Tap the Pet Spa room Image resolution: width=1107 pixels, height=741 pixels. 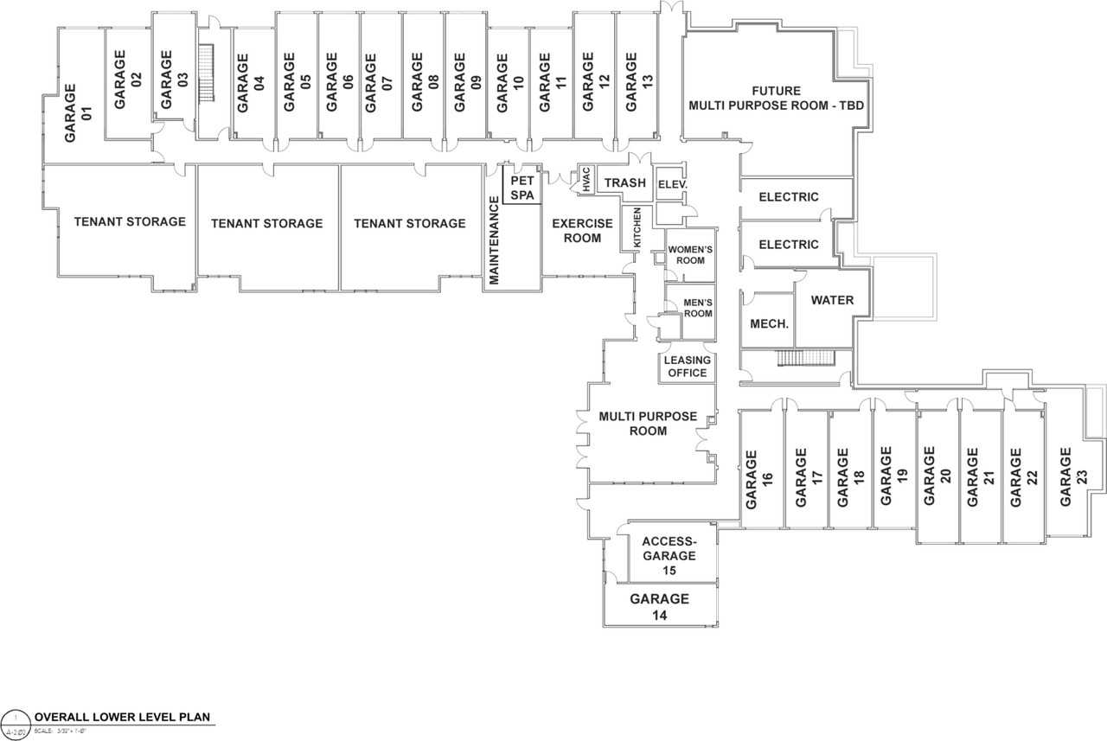(522, 188)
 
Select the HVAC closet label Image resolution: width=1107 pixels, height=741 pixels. (585, 182)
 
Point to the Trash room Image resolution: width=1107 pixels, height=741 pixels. (624, 182)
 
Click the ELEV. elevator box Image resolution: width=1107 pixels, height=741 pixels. (671, 184)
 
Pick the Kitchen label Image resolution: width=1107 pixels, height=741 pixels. (637, 228)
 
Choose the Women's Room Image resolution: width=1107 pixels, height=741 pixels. (690, 255)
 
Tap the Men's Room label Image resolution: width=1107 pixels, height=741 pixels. (696, 307)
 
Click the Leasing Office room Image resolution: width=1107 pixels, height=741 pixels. (688, 367)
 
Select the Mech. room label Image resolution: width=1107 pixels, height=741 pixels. (768, 324)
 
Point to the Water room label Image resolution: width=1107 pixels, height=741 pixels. (832, 300)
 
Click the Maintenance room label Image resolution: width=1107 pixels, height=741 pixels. (495, 240)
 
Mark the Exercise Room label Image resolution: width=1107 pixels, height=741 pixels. (582, 230)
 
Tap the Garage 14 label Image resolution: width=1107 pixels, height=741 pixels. (659, 606)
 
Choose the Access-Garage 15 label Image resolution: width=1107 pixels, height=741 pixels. (669, 556)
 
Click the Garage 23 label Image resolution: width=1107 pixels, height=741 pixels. (1073, 476)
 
